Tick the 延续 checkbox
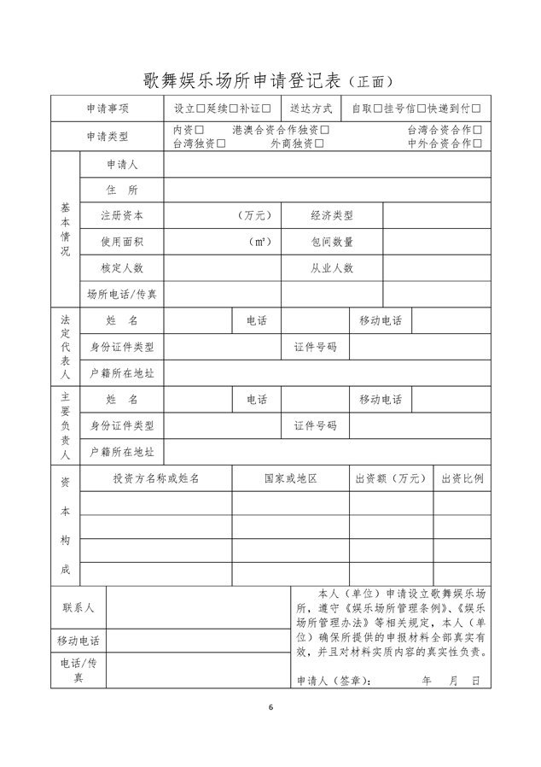point(234,108)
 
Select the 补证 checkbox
point(266,108)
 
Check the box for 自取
point(378,108)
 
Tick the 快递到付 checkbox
point(476,108)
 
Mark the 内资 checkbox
point(200,130)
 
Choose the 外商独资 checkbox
point(319,143)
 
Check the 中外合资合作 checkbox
point(477,143)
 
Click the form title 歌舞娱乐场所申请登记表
point(242,81)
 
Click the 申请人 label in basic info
point(122,164)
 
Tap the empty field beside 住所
point(327,190)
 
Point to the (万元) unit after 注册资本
point(255,216)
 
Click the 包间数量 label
point(332,242)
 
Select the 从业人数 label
point(332,268)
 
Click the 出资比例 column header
point(462,478)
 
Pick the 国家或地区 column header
point(290,478)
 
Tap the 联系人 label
point(78,607)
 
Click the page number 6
point(270,707)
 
